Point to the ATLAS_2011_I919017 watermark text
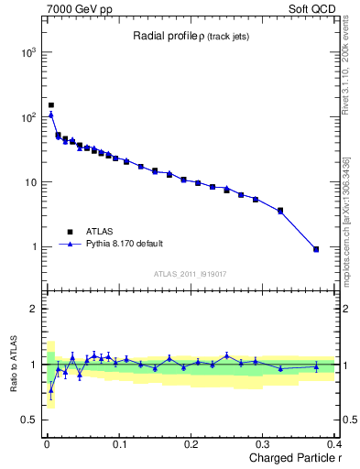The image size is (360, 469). [190, 273]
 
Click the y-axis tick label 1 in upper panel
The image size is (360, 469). [32, 247]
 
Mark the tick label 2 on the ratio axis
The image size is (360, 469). [32, 309]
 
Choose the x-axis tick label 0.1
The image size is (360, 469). [118, 444]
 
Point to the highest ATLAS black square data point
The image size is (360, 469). [51, 105]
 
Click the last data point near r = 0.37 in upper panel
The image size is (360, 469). [316, 249]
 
